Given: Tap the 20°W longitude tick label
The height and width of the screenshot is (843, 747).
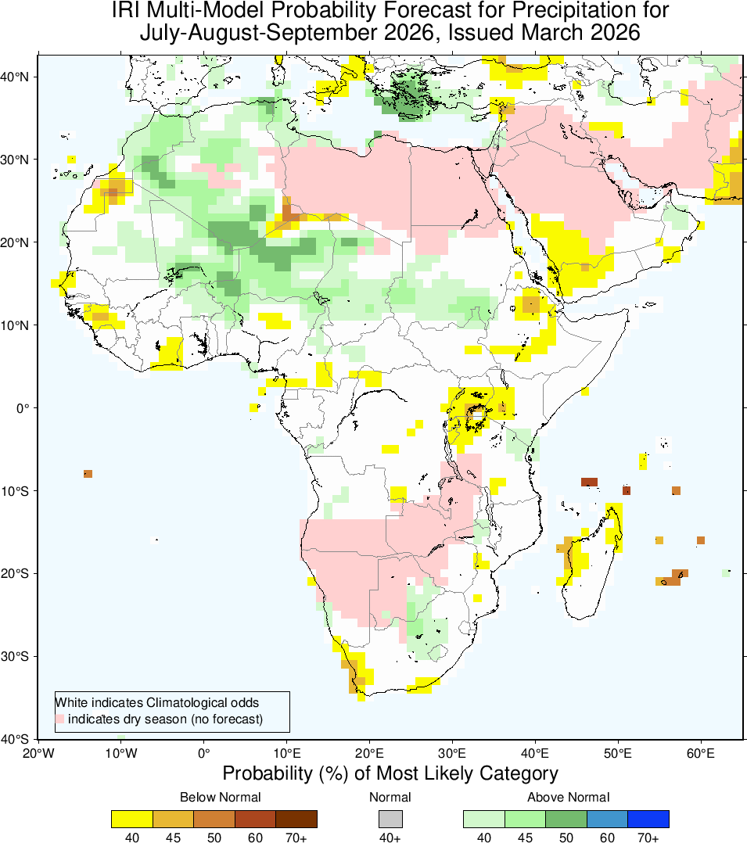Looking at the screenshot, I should [38, 754].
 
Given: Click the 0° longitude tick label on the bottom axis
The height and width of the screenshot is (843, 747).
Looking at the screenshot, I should [203, 754].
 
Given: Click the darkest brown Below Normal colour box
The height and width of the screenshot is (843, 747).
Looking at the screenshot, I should [296, 819].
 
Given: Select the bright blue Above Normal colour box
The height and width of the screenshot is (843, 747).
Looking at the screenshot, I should [648, 819].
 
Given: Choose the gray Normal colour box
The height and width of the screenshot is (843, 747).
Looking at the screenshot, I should [390, 819].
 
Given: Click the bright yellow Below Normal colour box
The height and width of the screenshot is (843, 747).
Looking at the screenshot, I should [132, 819].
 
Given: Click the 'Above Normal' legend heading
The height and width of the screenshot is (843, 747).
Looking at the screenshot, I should [568, 798].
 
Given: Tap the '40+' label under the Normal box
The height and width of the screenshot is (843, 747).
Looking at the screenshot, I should [390, 838].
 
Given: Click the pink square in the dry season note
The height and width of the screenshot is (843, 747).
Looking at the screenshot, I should [60, 719].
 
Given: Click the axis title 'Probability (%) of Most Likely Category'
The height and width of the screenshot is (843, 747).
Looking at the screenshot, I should [390, 773].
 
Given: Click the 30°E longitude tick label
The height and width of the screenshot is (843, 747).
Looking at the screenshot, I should [452, 754].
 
